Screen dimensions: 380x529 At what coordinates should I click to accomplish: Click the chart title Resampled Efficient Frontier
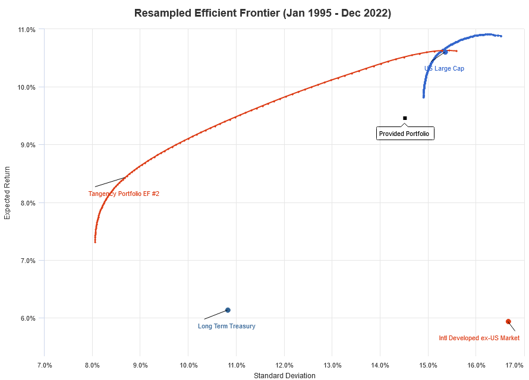pyautogui.click(x=263, y=13)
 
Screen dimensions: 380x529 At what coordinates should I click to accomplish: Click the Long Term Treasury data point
pyautogui.click(x=228, y=310)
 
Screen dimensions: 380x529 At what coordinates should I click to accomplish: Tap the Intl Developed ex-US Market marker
pyautogui.click(x=508, y=321)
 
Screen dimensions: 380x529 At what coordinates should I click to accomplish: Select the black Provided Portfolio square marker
pyautogui.click(x=405, y=118)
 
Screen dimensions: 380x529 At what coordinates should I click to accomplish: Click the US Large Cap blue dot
pyautogui.click(x=445, y=52)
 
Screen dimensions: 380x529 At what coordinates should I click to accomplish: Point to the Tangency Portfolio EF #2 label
pyautogui.click(x=124, y=194)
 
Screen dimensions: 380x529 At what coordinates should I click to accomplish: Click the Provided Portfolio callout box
pyautogui.click(x=406, y=134)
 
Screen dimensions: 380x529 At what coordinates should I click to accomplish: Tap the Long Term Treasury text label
pyautogui.click(x=226, y=326)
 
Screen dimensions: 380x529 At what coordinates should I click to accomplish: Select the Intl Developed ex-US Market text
pyautogui.click(x=479, y=338)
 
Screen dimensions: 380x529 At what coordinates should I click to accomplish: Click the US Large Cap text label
pyautogui.click(x=444, y=68)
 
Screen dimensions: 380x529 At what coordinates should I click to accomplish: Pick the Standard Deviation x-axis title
pyautogui.click(x=284, y=375)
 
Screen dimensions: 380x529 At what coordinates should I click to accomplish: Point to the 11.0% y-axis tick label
pyautogui.click(x=27, y=29)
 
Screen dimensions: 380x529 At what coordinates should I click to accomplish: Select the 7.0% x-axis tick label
pyautogui.click(x=45, y=364)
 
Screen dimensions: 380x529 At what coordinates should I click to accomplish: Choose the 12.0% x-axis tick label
pyautogui.click(x=284, y=364)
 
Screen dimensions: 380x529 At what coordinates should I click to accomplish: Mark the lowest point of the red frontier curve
pyautogui.click(x=95, y=242)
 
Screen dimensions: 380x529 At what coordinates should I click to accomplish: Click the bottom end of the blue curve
pyautogui.click(x=423, y=97)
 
